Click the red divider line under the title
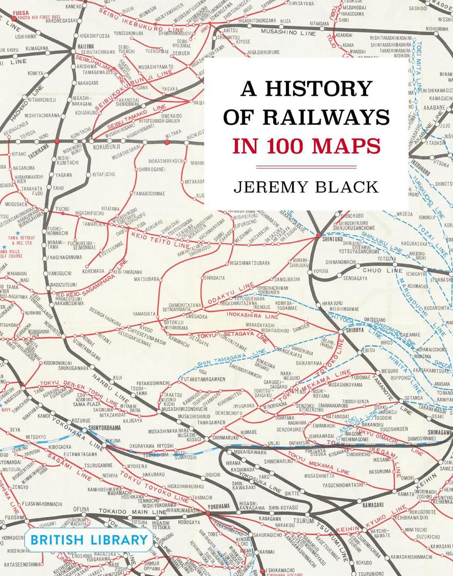click(x=306, y=167)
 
